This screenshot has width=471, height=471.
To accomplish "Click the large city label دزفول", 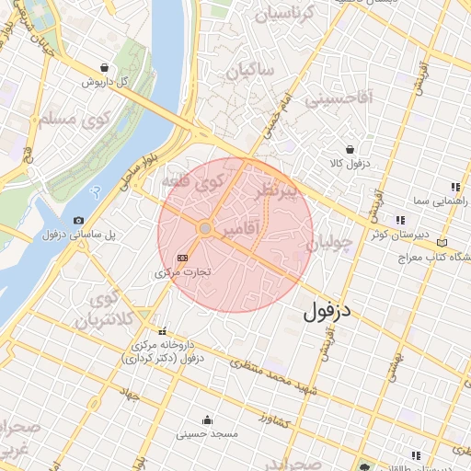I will click(327, 312).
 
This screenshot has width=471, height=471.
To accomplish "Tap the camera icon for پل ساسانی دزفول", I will click(77, 221).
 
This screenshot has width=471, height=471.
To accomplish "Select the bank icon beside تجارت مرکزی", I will click(182, 258).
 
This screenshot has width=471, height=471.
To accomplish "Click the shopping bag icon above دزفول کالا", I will click(350, 149).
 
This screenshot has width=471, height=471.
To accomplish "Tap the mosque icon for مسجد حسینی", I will click(214, 419).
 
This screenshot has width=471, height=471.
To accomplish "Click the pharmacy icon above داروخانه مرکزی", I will click(163, 332).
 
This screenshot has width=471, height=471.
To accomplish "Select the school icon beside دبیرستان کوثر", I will click(399, 220).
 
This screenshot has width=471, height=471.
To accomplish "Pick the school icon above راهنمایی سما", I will click(454, 185).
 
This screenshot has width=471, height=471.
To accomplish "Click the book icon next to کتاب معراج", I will click(442, 242).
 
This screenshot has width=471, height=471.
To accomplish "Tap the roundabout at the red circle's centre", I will click(206, 227).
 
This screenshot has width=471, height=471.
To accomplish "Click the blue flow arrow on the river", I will click(96, 194).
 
